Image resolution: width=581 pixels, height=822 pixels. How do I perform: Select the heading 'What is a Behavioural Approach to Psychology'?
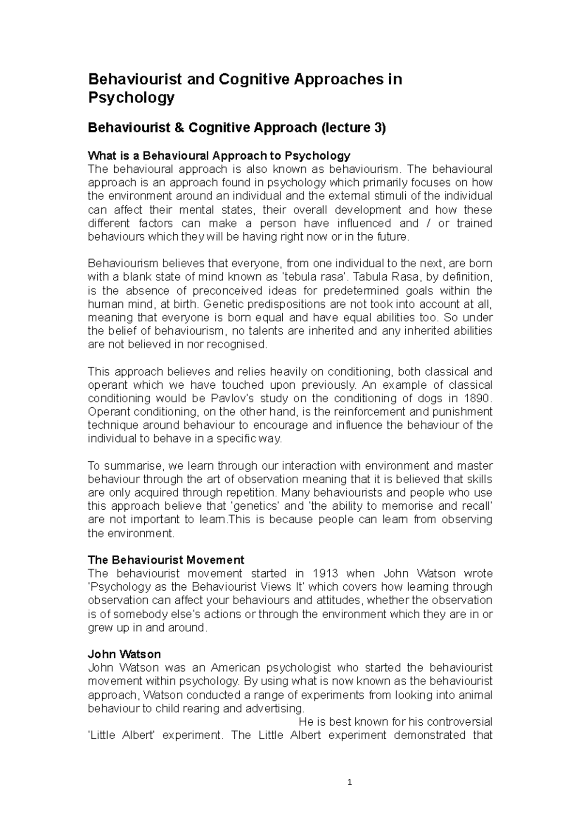218,155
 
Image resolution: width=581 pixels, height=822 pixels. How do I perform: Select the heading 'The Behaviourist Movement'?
166,560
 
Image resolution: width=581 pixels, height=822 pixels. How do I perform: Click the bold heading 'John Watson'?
124,654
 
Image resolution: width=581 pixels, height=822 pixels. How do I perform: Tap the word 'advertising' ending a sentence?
277,708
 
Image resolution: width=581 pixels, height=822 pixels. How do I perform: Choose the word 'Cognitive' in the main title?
254,79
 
